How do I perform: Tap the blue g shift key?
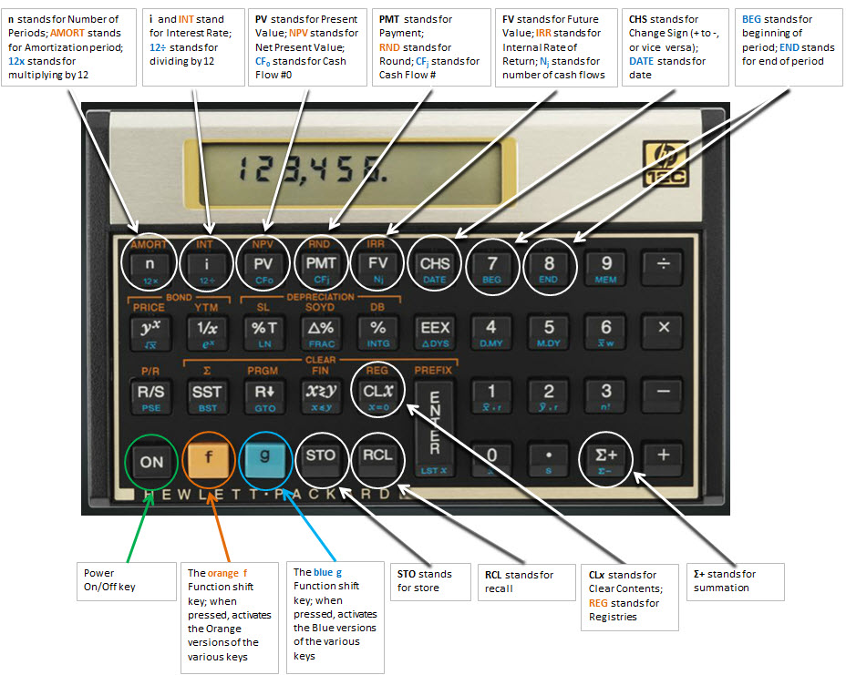click(265, 458)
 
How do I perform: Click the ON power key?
click(151, 460)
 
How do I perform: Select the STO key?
click(321, 456)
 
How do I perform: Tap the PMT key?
click(320, 263)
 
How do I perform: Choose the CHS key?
click(434, 264)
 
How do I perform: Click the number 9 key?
click(606, 264)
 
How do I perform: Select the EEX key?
click(434, 328)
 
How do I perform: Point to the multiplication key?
click(664, 328)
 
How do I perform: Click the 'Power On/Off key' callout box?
click(126, 580)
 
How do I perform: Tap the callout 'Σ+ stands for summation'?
click(735, 580)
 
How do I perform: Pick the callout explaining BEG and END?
click(789, 47)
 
